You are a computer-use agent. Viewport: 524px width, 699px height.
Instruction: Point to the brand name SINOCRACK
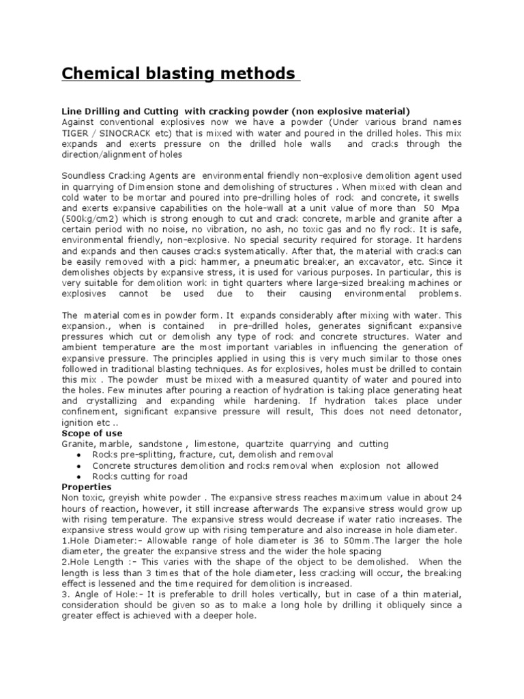(137, 132)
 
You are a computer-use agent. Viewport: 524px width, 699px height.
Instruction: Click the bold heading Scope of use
(92, 433)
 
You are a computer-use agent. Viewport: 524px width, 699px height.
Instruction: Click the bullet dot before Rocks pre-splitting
(81, 455)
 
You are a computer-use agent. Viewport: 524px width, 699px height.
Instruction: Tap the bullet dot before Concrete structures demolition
(81, 466)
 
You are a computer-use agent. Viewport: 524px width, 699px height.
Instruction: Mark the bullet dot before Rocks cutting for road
(81, 477)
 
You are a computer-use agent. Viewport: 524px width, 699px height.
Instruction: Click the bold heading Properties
(86, 487)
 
